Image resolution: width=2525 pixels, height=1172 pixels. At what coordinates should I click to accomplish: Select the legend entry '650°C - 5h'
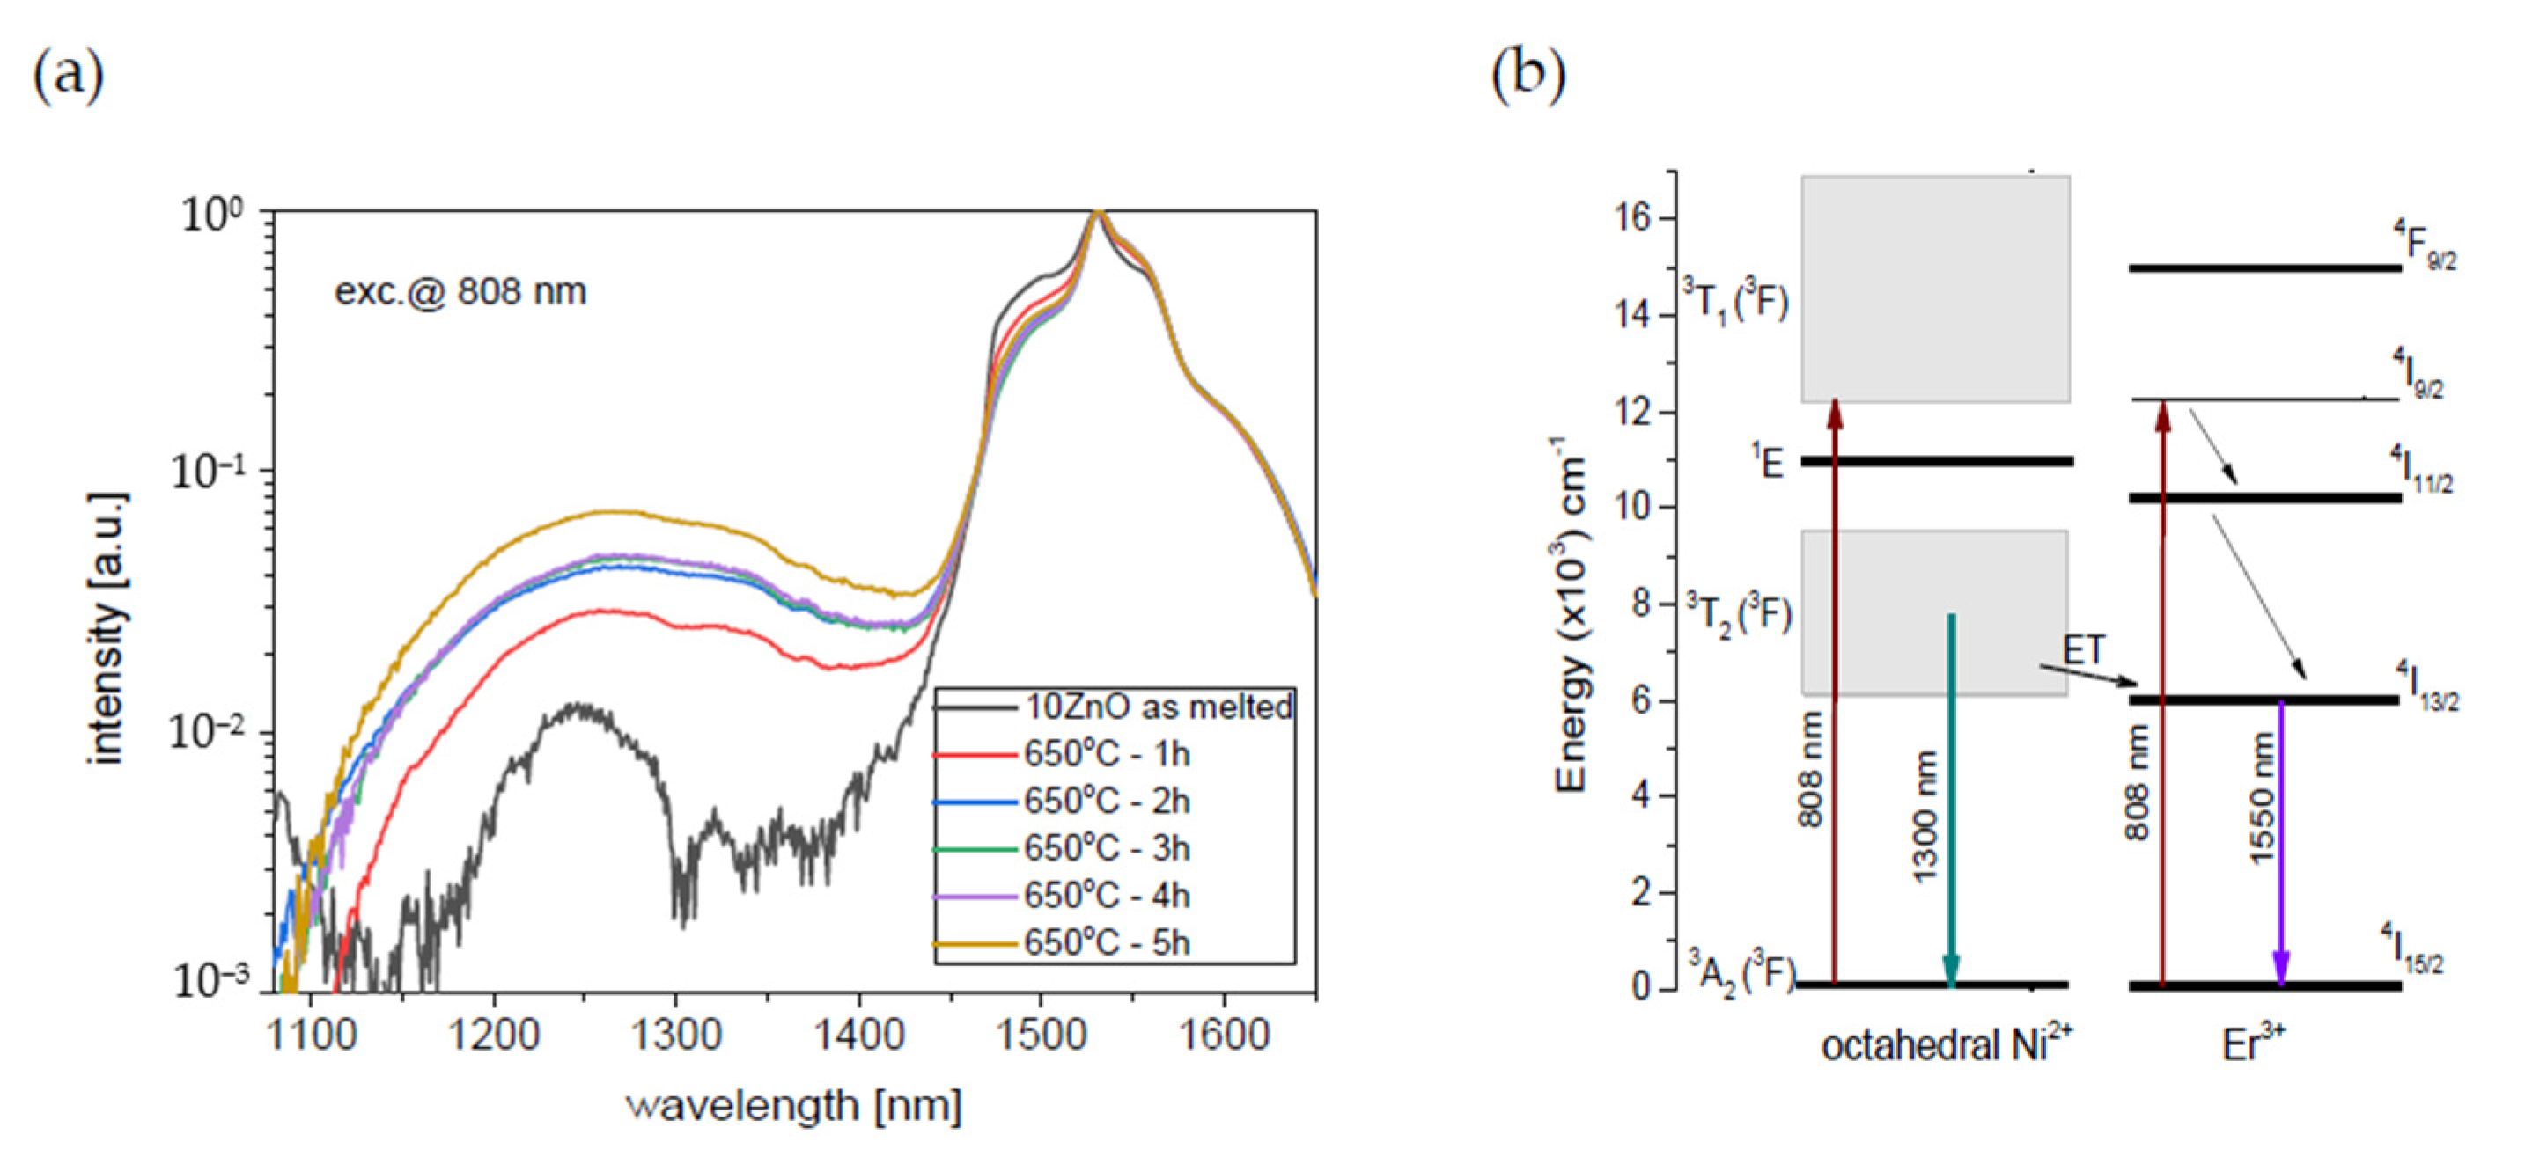[x=1107, y=942]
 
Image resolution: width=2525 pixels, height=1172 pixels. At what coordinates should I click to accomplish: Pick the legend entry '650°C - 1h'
[x=1107, y=755]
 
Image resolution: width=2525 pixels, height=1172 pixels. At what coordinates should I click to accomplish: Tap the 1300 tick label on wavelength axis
[x=675, y=1035]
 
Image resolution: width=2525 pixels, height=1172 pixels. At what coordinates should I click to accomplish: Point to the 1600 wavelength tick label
[x=1223, y=1035]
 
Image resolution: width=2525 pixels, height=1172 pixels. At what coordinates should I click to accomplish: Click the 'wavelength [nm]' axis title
[x=795, y=1106]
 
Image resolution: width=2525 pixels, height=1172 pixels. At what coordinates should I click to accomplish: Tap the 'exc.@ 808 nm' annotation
[x=460, y=291]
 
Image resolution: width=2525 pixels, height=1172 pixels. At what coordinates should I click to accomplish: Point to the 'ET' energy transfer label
[x=2084, y=649]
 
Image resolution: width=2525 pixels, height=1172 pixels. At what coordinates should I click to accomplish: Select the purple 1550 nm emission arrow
[x=2281, y=843]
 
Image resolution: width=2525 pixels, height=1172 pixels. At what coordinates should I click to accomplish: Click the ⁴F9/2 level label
[x=2424, y=245]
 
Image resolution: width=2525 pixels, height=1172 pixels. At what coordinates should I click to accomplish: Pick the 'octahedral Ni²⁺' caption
[x=1947, y=1045]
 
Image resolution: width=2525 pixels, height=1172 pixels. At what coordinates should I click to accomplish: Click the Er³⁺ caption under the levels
[x=2254, y=1045]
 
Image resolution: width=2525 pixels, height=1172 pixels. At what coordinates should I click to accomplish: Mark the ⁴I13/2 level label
[x=2427, y=686]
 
